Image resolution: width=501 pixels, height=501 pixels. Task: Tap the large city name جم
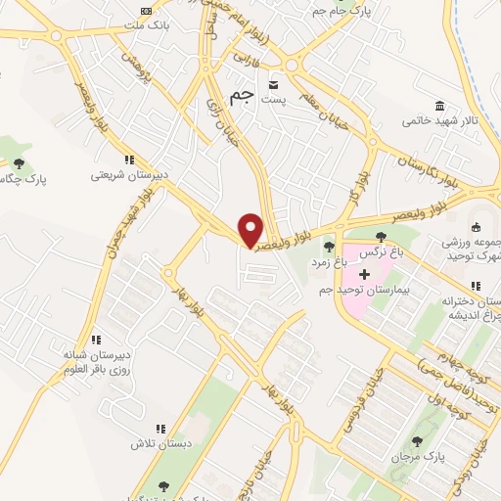click(x=242, y=97)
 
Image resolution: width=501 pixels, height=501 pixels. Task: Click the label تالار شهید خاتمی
click(x=438, y=121)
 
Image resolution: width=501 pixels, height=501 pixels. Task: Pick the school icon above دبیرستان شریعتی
click(x=128, y=159)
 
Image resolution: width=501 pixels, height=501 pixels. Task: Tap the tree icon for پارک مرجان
click(x=420, y=441)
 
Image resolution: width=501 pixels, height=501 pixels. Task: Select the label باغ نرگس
click(x=379, y=252)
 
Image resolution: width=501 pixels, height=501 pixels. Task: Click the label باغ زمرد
click(x=330, y=261)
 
